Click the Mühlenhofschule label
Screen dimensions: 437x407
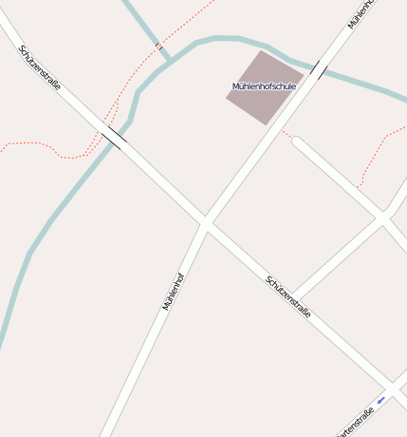[x=264, y=86]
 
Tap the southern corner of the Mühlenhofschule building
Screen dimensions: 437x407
[x=267, y=124]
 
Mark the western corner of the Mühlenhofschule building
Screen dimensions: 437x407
[x=226, y=99]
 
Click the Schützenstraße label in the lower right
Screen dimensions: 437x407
[x=288, y=295]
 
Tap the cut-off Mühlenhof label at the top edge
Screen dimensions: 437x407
[x=361, y=12]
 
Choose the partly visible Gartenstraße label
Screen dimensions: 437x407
[x=356, y=424]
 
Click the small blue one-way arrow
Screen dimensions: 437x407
[x=380, y=401]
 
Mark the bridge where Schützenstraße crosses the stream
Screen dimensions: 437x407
[x=113, y=138]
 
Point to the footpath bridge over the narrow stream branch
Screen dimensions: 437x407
[x=158, y=45]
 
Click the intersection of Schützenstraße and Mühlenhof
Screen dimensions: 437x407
[x=205, y=223]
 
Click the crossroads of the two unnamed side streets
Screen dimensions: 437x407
[x=382, y=219]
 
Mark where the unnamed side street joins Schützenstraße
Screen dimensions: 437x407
[x=290, y=296]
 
